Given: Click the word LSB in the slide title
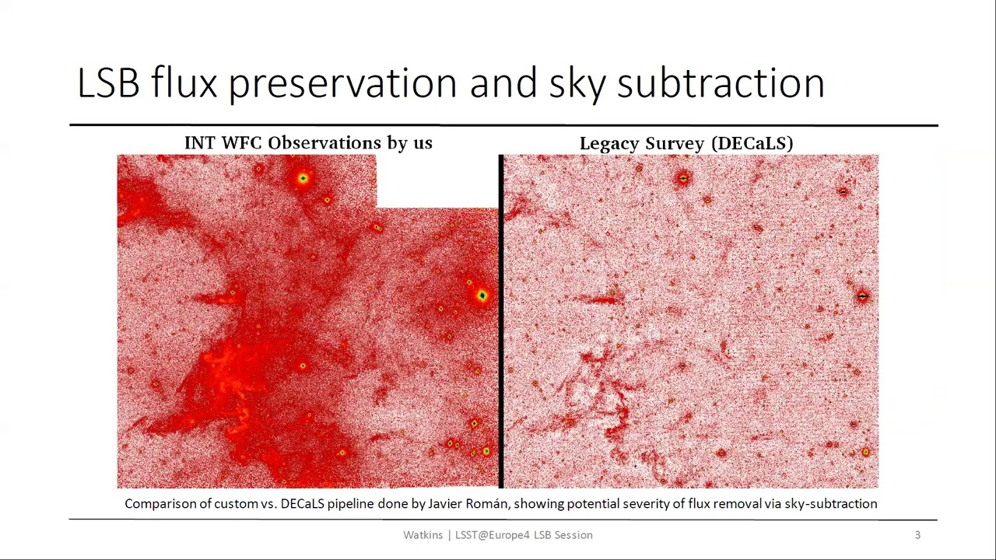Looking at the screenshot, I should point(108,82).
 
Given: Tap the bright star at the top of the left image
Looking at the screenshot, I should point(303,179).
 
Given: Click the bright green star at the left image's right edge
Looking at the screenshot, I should point(482,296).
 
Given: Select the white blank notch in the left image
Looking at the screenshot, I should point(437,180).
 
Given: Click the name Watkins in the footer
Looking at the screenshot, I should point(423,535).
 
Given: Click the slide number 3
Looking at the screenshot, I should point(917,535).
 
